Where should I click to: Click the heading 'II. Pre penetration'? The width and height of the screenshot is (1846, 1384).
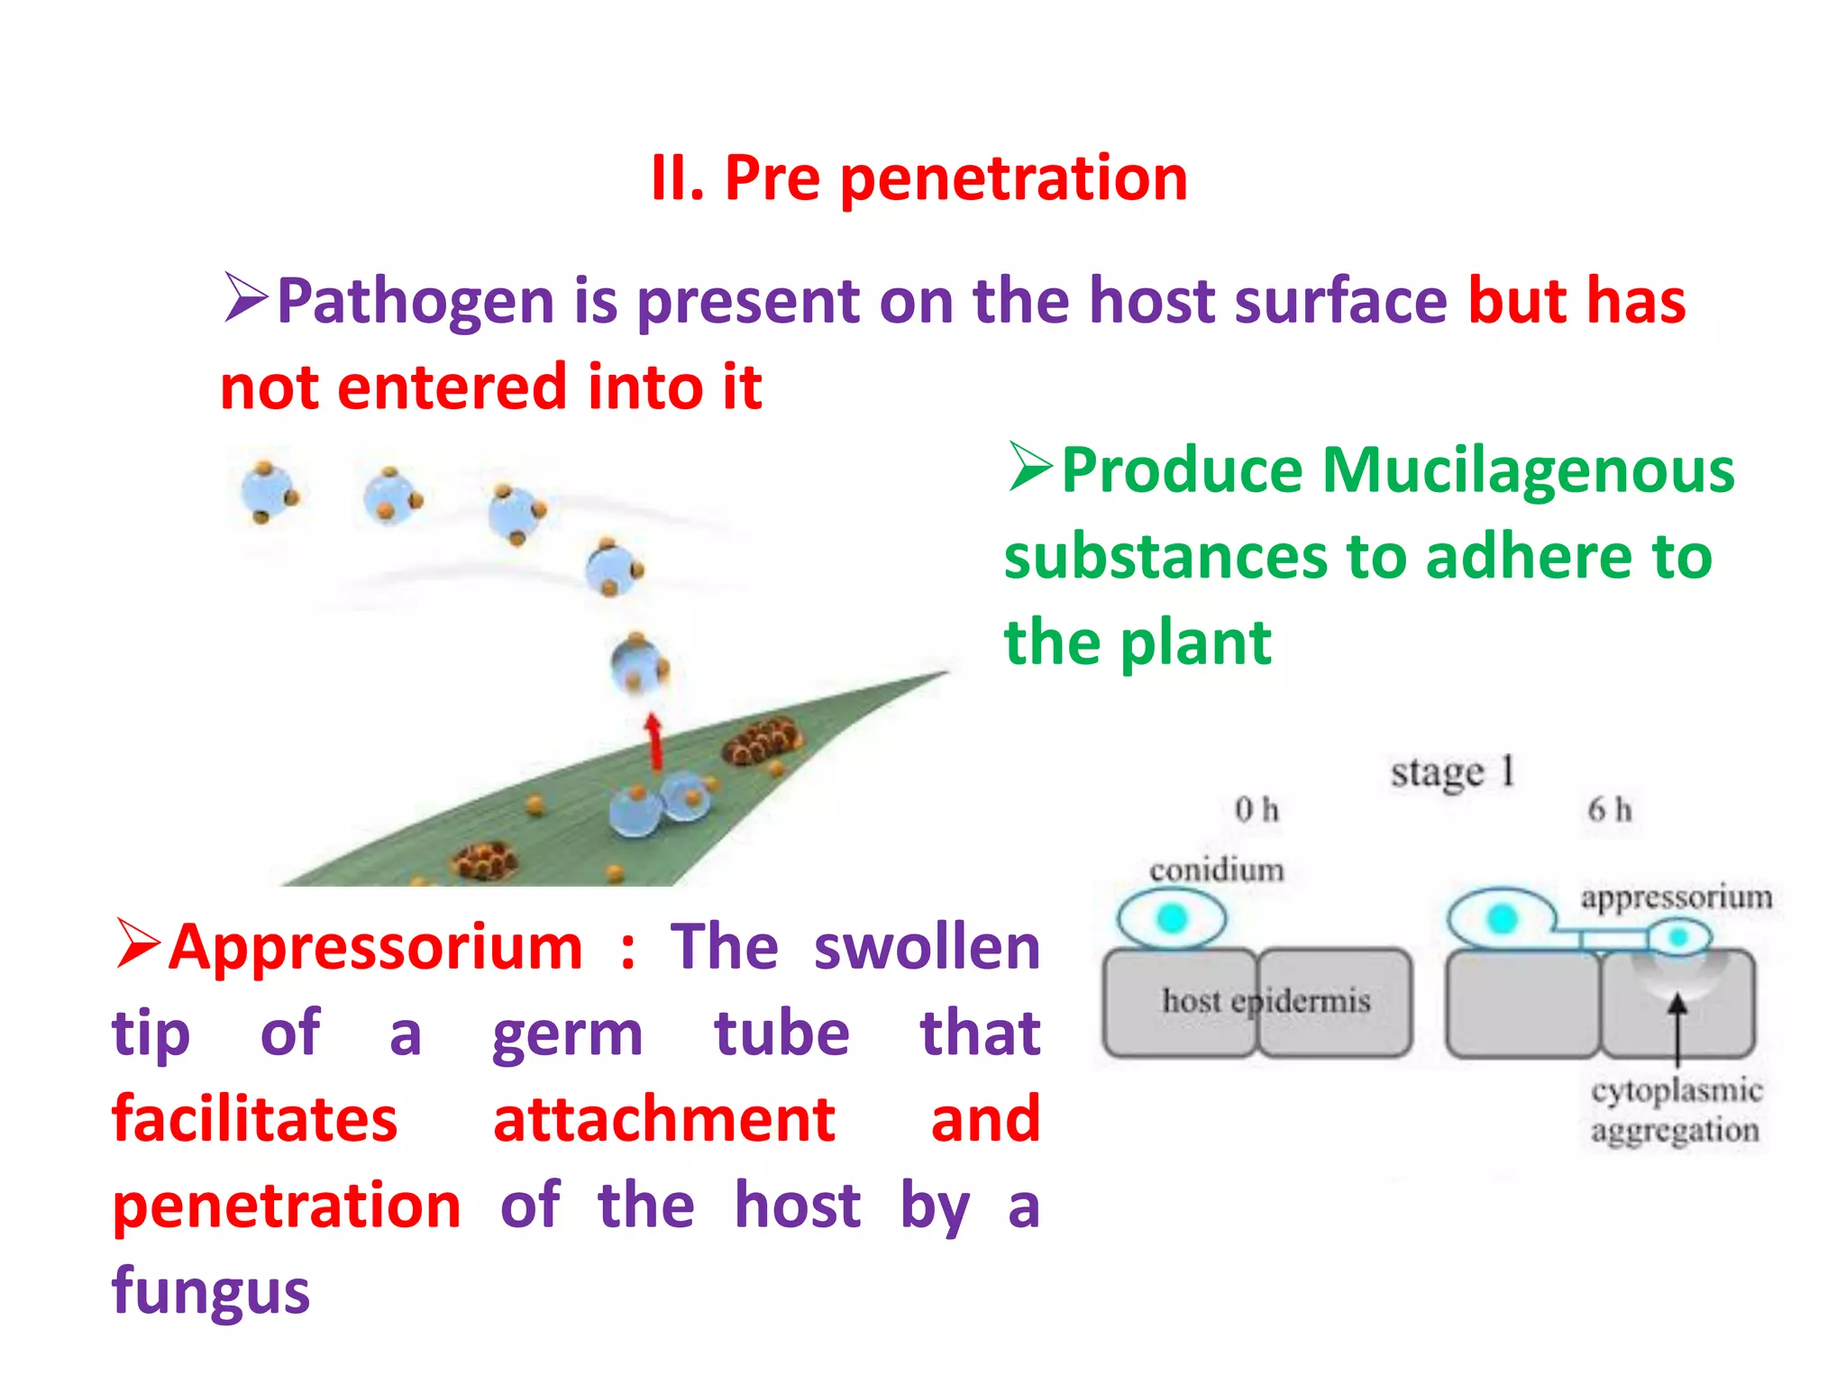[x=919, y=178]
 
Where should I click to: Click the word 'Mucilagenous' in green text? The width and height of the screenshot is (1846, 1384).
[x=1527, y=471]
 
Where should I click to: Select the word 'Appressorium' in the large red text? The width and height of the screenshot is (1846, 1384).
[x=376, y=948]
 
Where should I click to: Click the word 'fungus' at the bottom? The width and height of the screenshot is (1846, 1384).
[x=211, y=1291]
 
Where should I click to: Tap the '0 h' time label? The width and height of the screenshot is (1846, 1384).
[x=1257, y=810]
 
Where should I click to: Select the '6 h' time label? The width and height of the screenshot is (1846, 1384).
[x=1610, y=810]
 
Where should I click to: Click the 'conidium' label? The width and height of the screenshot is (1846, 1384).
[x=1216, y=870]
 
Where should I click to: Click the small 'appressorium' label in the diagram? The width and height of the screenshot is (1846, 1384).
[x=1676, y=897]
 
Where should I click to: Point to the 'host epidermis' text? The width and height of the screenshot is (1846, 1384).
[x=1266, y=1001]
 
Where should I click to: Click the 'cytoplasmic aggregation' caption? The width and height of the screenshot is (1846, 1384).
[x=1676, y=1110]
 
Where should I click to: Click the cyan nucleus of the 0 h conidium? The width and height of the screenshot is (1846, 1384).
[x=1172, y=918]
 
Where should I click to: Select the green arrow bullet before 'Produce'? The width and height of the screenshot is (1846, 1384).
[x=1030, y=468]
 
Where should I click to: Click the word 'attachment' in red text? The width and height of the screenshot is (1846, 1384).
[x=664, y=1120]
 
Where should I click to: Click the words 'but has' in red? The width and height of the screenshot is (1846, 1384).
[x=1576, y=301]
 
